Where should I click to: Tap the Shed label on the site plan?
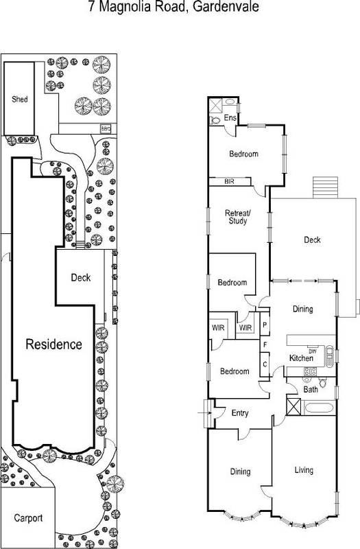pyautogui.click(x=19, y=99)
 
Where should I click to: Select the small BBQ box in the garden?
pyautogui.click(x=106, y=128)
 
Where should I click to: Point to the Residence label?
pyautogui.click(x=53, y=344)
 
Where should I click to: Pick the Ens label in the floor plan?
pyautogui.click(x=232, y=118)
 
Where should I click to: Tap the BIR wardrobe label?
pyautogui.click(x=229, y=182)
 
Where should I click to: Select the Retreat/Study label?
pyautogui.click(x=239, y=218)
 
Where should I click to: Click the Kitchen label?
pyautogui.click(x=301, y=358)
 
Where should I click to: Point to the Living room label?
pyautogui.click(x=303, y=470)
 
